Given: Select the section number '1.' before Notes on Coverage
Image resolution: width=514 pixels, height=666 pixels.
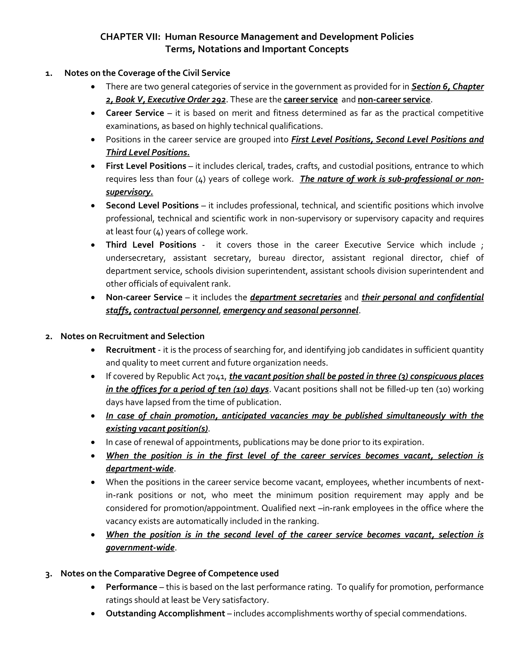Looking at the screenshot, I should tap(48, 73).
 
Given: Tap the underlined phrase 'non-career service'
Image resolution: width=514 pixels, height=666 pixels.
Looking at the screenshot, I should tap(394, 100).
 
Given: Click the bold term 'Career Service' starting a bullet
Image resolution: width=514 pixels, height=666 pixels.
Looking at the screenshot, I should tap(135, 113).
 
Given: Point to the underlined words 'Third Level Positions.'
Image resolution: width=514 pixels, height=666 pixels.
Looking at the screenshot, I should tap(148, 153).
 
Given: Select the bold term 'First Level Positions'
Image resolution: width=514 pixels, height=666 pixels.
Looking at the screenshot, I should tap(146, 166).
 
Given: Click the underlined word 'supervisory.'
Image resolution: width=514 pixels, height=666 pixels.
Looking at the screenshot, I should tap(130, 192).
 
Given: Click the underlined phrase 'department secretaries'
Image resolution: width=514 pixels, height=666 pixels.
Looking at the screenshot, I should tap(296, 297).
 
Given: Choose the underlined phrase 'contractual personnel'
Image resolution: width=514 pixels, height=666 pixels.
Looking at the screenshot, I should tap(176, 310).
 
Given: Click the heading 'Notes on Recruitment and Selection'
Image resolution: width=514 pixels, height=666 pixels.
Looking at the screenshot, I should tap(133, 336).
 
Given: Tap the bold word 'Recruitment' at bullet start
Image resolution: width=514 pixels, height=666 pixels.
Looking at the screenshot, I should tap(131, 350).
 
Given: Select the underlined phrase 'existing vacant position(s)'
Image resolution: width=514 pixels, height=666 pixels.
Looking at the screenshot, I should tap(157, 429).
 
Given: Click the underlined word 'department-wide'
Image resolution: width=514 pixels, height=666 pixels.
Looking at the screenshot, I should tap(140, 468).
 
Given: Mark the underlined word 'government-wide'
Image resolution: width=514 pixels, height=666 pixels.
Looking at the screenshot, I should tap(140, 548).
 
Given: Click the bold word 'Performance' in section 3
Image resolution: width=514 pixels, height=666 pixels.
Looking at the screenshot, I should tap(131, 587).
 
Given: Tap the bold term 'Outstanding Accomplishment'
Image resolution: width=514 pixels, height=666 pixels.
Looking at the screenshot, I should tap(165, 613).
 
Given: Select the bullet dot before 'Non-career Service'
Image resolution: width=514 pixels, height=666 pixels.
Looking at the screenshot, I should tap(93, 298).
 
